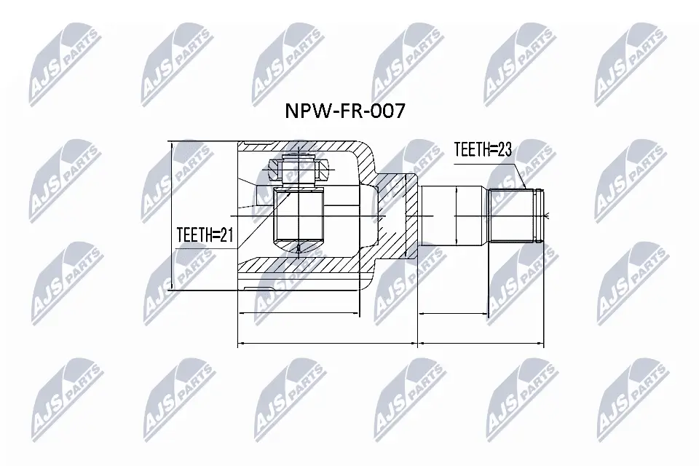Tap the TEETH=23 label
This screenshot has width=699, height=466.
(x=483, y=150)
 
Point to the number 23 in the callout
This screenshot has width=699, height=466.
(x=504, y=150)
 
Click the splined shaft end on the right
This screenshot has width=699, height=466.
(x=517, y=215)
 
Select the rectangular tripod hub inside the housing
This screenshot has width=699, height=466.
(x=299, y=216)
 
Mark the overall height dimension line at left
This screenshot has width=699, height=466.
(x=172, y=216)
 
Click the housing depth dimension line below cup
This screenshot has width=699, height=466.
(x=299, y=313)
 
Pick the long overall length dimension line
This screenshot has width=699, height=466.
(x=392, y=342)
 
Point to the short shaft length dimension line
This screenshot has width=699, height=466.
(x=453, y=313)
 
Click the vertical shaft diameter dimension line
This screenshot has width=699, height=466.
(x=455, y=216)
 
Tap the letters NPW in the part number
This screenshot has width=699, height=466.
(x=301, y=111)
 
